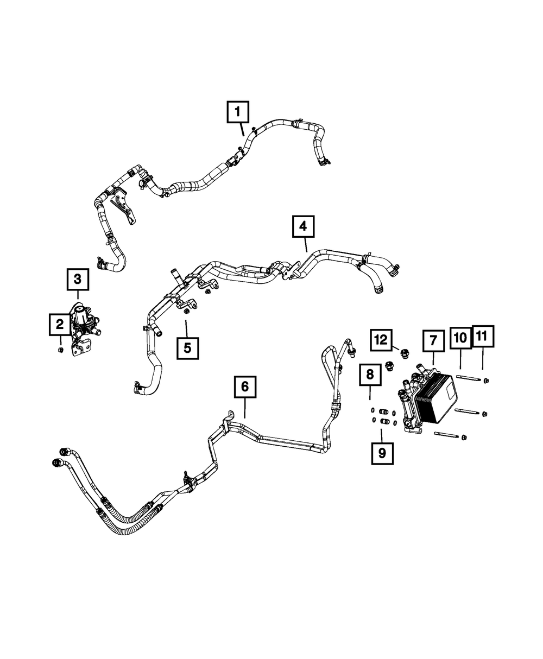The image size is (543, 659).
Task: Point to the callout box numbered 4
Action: pos(303,227)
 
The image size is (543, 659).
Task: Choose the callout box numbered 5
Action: pos(187,348)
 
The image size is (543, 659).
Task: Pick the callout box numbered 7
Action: pos(433,340)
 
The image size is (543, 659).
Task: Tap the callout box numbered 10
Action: pos(460,338)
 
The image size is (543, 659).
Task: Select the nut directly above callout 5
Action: pos(186,311)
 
